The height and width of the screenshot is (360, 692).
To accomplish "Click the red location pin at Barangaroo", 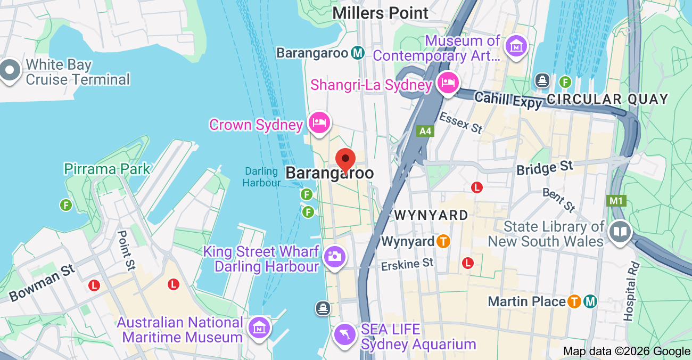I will click(346, 159).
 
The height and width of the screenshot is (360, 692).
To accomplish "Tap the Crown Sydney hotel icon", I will click(319, 123).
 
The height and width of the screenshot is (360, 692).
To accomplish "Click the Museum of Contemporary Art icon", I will click(516, 47).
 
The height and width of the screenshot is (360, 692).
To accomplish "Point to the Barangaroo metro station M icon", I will click(358, 53).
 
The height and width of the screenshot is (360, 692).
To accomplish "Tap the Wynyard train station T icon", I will click(443, 241).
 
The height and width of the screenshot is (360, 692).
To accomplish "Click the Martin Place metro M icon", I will click(590, 301).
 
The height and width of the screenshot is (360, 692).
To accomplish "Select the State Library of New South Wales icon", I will click(620, 233).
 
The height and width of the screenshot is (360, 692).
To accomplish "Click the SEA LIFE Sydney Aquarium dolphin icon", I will click(344, 334).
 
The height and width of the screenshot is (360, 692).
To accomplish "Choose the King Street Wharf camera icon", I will click(335, 257).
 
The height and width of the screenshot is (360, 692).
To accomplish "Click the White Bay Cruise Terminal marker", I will click(10, 71).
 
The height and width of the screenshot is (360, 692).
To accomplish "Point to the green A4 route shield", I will click(425, 130).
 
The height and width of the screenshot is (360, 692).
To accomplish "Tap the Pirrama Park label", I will click(107, 169).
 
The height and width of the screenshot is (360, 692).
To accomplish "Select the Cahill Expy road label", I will click(508, 100).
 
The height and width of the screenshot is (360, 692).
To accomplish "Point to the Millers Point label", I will click(381, 13).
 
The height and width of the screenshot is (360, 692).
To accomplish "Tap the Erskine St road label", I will click(407, 264).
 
